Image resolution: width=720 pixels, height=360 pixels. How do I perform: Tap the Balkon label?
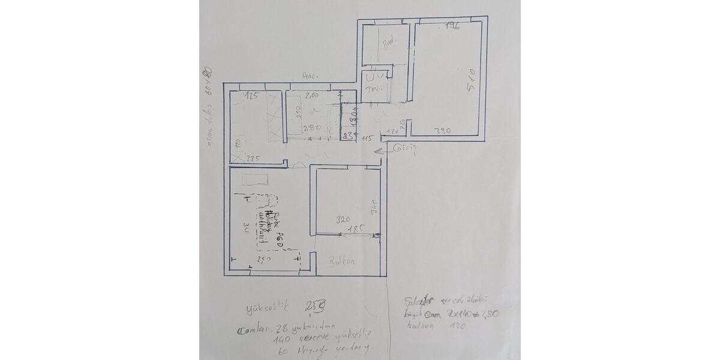pos(343,262)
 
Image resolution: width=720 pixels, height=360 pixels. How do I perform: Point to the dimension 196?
pos(451,26)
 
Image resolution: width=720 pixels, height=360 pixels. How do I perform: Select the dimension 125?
pos(251,96)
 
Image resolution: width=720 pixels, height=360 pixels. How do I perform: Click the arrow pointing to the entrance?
pos(382,152)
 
